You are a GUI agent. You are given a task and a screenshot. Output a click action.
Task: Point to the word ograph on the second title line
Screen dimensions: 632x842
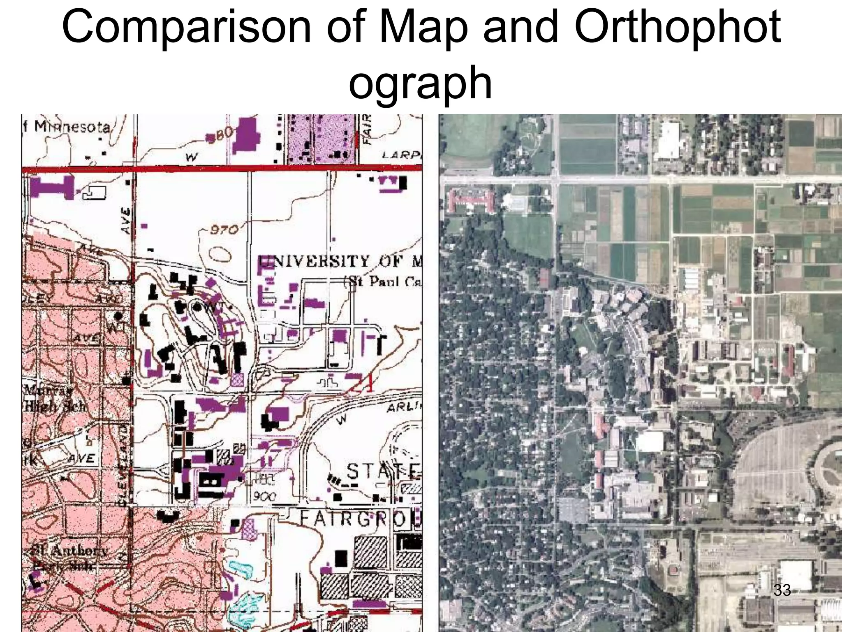pos(420,82)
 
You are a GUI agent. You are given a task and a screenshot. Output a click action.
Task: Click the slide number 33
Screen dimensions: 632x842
pos(782,590)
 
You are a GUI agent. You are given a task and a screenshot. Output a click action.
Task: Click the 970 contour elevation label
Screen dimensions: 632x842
pos(224,230)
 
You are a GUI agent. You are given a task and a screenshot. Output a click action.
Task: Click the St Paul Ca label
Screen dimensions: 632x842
pos(382,282)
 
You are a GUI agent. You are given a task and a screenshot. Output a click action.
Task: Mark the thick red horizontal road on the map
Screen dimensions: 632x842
pos(222,168)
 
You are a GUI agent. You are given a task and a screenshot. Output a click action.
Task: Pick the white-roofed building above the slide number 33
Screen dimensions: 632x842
pos(796,574)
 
